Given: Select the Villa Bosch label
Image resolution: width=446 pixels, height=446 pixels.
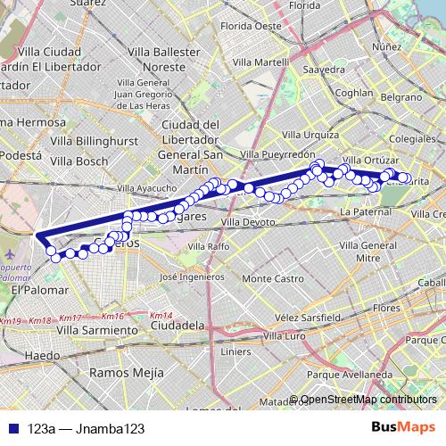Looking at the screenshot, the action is click(x=79, y=161).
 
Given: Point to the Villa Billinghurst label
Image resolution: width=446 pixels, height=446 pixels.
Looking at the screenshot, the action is click(x=91, y=140).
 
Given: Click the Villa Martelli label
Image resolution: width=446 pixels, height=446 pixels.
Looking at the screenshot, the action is click(x=259, y=62).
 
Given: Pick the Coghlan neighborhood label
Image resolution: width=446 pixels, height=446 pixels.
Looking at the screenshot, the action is click(x=353, y=92).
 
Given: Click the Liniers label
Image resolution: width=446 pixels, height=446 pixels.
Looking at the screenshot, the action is click(x=235, y=351).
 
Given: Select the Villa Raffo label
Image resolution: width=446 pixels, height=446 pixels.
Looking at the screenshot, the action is click(x=207, y=245).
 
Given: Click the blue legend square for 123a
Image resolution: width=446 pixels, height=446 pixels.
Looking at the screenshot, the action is click(x=10, y=429).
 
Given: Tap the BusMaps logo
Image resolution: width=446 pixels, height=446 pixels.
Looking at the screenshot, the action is click(x=404, y=428).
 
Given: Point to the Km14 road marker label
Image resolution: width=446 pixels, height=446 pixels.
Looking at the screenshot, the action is click(x=161, y=316).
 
